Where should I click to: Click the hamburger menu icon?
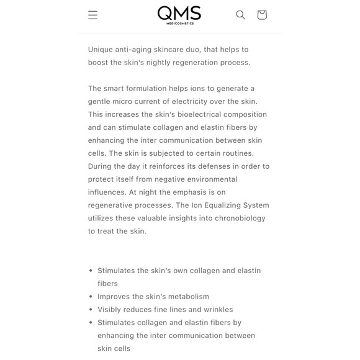click(92, 15)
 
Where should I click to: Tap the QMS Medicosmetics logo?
click(179, 15)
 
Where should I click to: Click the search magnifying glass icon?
click(240, 15)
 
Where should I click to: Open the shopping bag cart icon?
click(262, 15)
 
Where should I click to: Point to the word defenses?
click(205, 166)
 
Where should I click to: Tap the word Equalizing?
click(226, 205)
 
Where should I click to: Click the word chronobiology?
click(237, 218)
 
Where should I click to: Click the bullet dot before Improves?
click(91, 297)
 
